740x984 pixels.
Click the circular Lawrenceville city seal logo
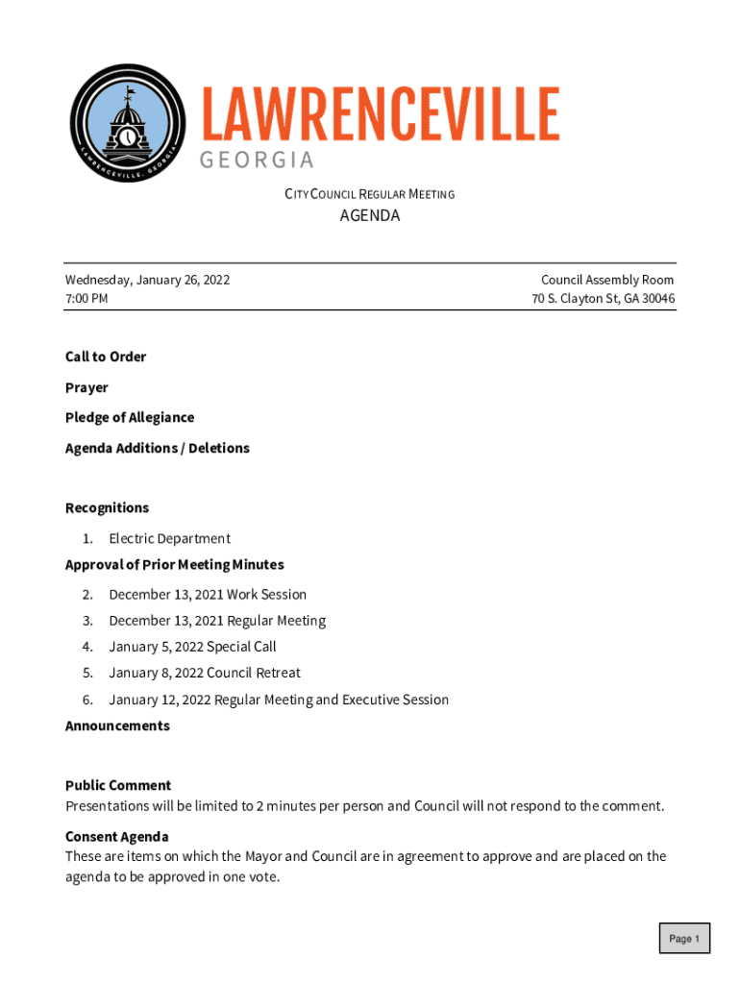click(128, 124)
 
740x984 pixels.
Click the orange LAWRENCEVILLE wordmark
click(380, 115)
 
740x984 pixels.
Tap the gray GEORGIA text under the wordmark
click(257, 160)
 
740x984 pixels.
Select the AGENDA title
click(370, 216)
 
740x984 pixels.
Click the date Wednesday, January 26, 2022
click(147, 280)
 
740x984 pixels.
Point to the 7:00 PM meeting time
click(86, 298)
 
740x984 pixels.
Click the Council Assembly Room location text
click(607, 280)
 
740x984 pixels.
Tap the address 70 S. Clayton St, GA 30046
click(604, 298)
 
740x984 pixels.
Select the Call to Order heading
click(106, 357)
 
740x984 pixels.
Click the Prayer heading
click(86, 387)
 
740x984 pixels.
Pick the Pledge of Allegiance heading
click(130, 417)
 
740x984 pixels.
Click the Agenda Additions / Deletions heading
click(157, 448)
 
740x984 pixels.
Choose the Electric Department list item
click(169, 538)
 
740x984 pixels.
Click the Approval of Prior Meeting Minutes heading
click(174, 564)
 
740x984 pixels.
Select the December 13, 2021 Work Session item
click(208, 594)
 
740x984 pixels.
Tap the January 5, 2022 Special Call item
click(192, 647)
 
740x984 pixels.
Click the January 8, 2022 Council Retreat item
click(205, 673)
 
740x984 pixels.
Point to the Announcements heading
click(117, 726)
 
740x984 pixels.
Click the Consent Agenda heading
click(116, 836)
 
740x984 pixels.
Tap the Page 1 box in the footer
click(684, 939)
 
